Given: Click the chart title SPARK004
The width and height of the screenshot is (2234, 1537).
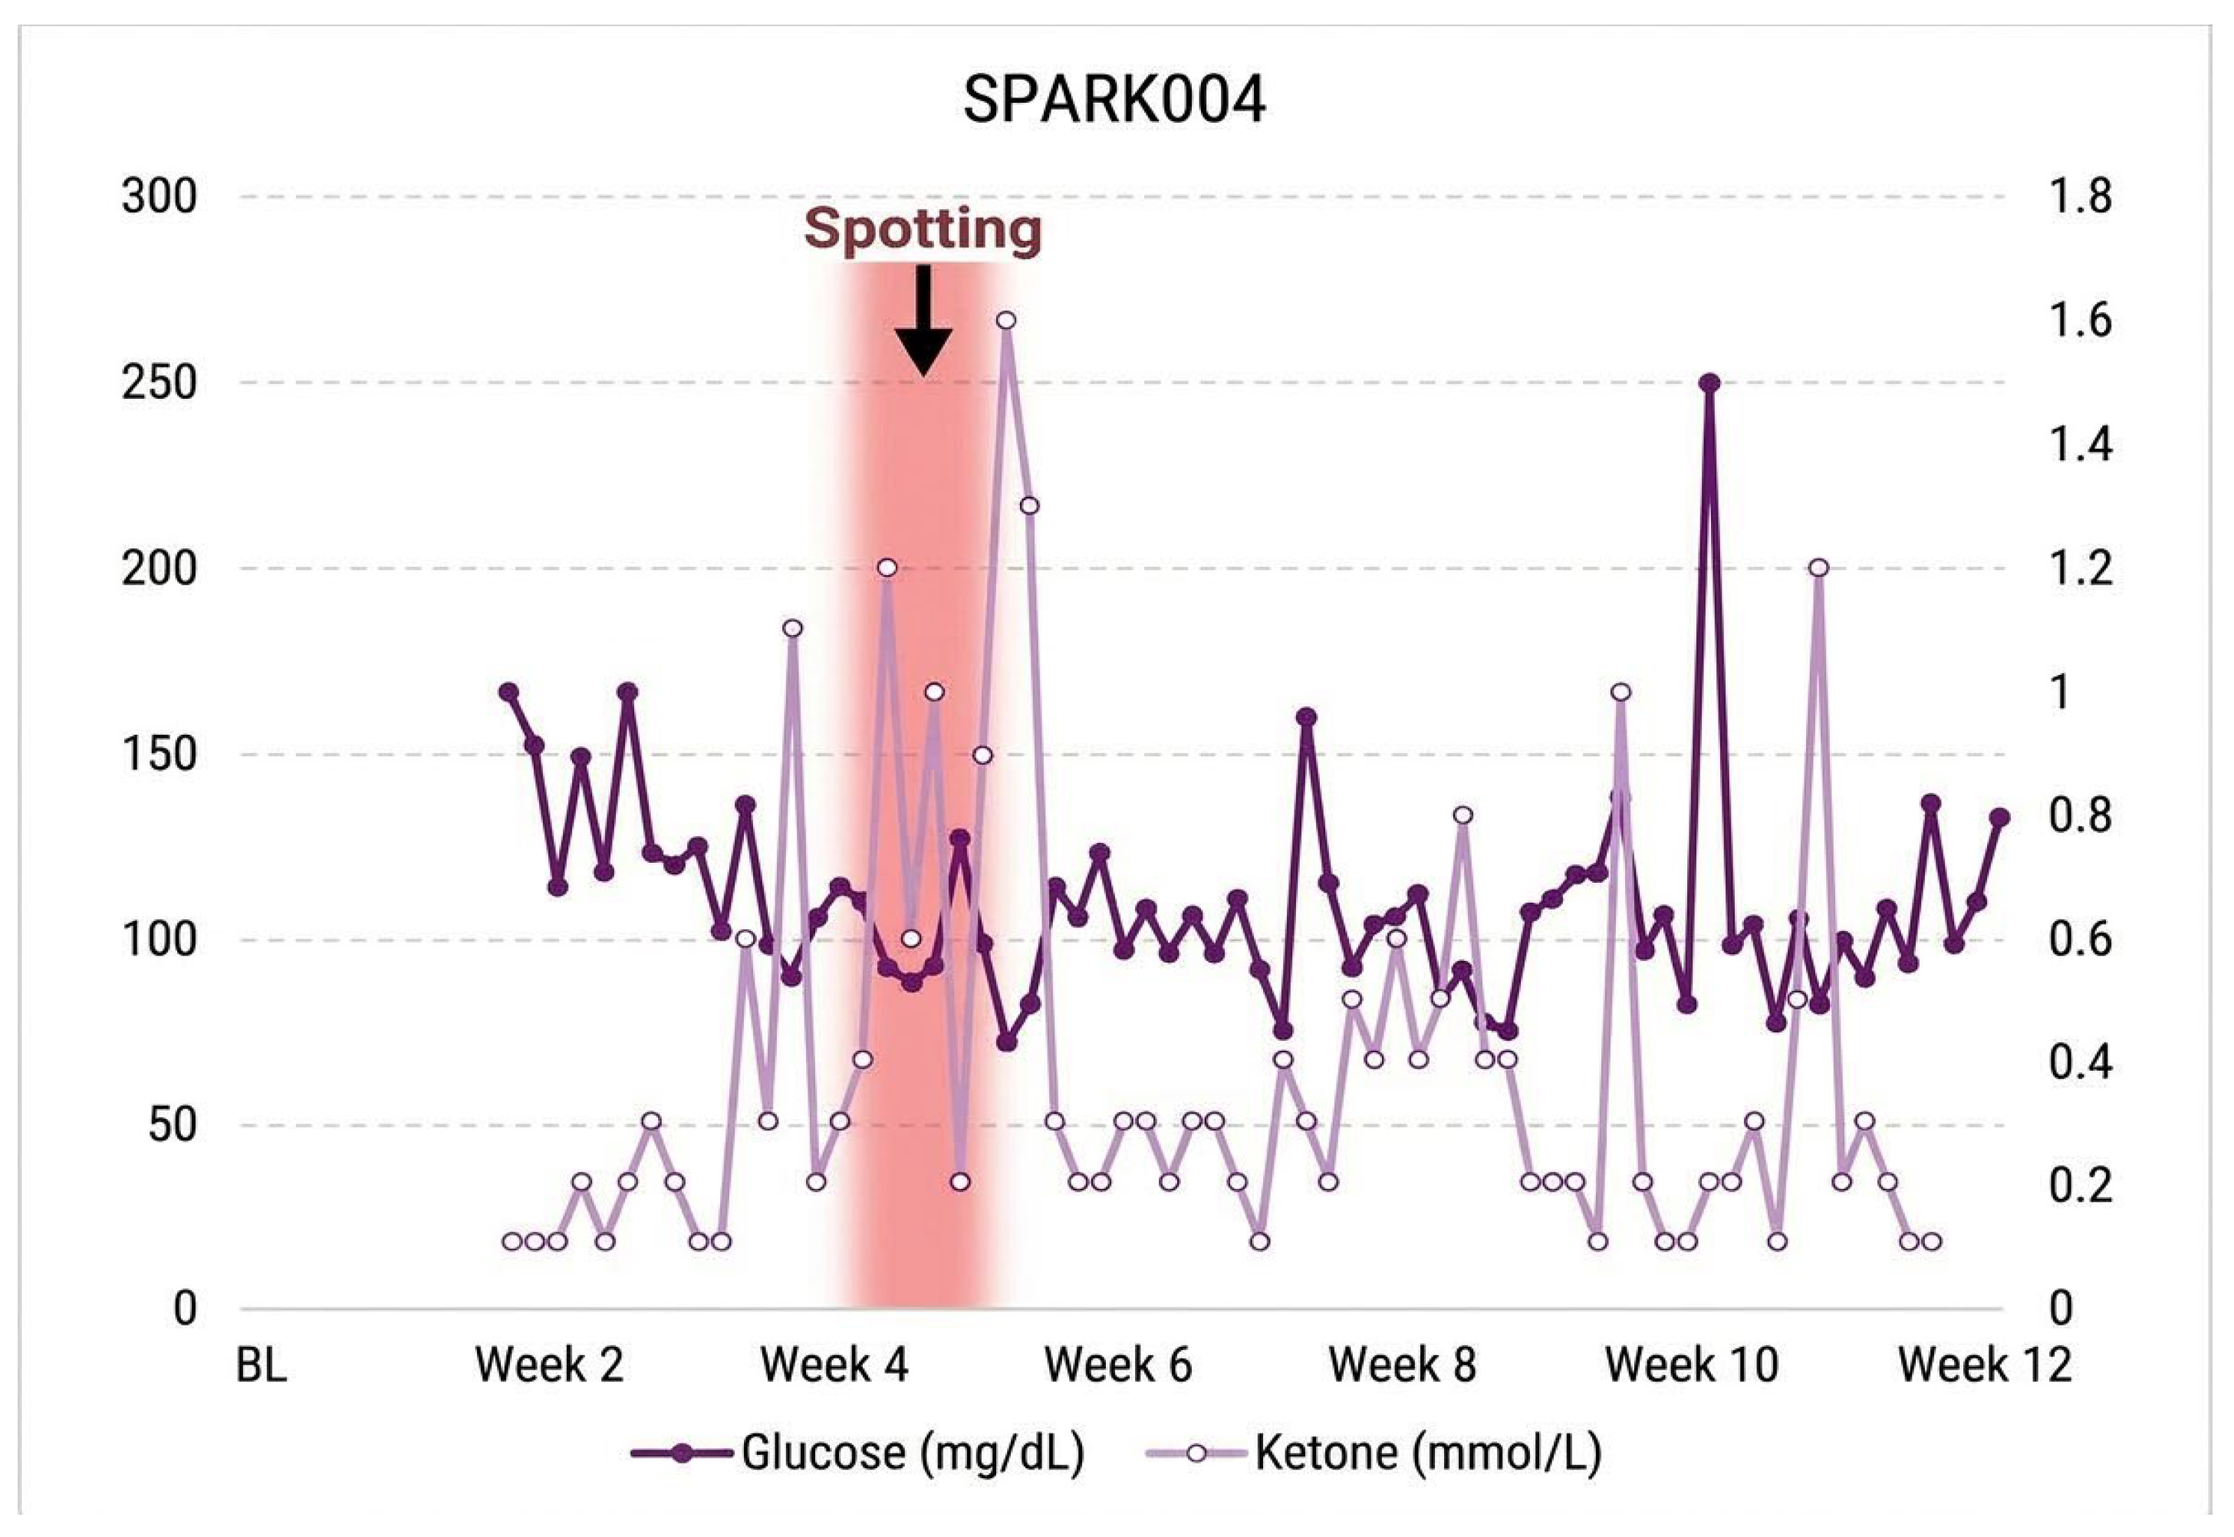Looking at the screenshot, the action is [1114, 100].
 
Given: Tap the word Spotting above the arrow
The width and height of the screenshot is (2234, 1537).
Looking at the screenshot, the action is [923, 230].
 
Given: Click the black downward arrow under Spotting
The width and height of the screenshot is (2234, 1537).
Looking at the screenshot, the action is [923, 321].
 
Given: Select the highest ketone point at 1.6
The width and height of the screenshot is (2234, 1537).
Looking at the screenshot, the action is [1006, 320].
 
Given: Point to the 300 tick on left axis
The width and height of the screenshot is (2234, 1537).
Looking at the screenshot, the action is [159, 197].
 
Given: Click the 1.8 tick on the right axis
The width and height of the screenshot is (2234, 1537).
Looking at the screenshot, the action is [2080, 197].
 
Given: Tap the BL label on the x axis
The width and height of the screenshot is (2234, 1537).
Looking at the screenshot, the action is [261, 1365].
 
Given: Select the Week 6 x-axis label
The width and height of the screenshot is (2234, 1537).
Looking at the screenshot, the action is [1118, 1365].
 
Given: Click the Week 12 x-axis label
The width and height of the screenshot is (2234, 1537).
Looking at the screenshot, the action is [1984, 1365].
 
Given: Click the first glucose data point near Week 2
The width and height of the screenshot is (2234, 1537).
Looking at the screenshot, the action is [508, 692].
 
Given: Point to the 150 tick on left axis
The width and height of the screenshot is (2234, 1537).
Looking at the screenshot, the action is [159, 754].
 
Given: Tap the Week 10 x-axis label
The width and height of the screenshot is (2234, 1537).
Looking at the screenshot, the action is [1692, 1365].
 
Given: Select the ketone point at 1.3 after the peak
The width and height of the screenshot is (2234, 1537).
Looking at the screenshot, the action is [1029, 505].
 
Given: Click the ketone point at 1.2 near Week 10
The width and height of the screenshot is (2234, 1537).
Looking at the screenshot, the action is [1818, 568].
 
